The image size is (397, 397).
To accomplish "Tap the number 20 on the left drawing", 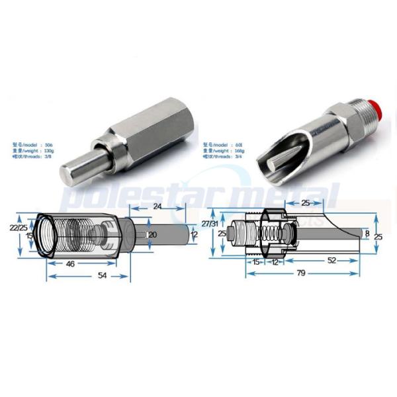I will (x=152, y=235).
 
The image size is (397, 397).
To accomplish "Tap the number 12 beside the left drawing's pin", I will (x=193, y=235).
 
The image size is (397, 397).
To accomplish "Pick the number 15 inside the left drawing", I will (x=30, y=235).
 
